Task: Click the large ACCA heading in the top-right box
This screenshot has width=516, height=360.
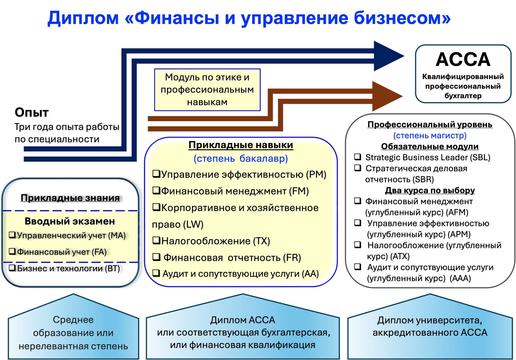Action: (463, 59)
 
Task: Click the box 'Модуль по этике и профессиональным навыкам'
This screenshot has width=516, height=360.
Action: (207, 90)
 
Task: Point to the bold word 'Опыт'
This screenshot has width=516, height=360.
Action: (32, 112)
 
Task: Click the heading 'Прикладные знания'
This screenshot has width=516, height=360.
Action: (70, 198)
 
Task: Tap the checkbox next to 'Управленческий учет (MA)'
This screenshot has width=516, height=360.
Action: (12, 235)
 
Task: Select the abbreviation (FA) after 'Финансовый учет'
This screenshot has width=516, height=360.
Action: (100, 252)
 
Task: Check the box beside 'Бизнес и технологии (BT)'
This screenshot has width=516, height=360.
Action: (12, 268)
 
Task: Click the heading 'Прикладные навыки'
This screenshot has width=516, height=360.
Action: (241, 145)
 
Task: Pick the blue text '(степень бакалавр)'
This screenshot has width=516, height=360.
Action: (241, 158)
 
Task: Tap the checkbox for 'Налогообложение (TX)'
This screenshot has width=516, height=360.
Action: (156, 241)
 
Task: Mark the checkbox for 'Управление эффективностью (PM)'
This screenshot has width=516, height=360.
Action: (156, 174)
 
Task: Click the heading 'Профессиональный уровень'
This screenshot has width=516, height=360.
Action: (430, 125)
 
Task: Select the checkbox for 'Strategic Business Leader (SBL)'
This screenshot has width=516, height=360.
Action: (358, 157)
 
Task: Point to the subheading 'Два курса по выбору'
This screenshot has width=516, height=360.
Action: (430, 191)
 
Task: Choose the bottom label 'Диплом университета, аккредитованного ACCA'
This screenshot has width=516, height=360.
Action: (430, 326)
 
